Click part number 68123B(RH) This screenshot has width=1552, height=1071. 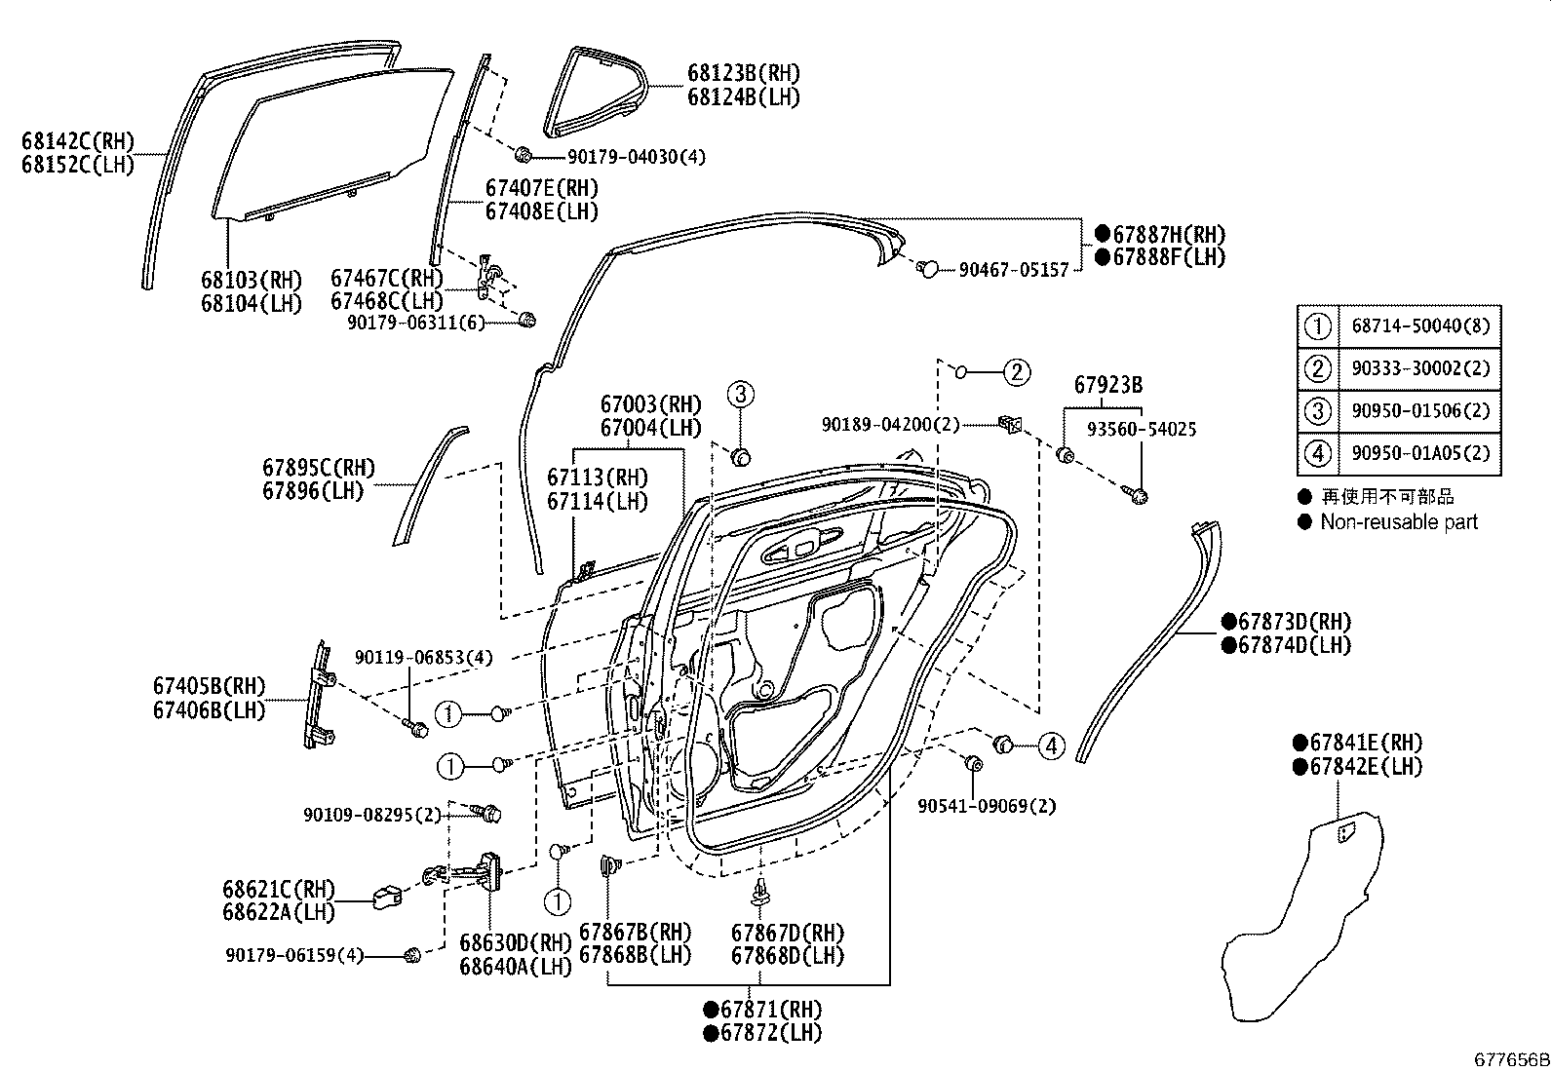(x=743, y=73)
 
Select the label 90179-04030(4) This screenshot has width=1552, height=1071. (x=637, y=157)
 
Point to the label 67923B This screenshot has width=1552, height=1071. (x=1108, y=386)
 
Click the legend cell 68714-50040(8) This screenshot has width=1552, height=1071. (x=1420, y=326)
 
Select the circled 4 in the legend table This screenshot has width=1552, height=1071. (x=1317, y=453)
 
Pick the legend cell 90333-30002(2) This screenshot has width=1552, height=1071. (x=1420, y=368)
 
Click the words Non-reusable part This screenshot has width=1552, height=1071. (x=1399, y=522)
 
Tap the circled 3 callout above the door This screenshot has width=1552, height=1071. (x=740, y=395)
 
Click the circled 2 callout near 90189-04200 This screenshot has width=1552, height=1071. (x=1016, y=371)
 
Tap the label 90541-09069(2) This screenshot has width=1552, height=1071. (x=987, y=806)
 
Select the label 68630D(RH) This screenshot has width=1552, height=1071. (x=515, y=942)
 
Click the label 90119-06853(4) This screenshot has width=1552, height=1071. (x=423, y=658)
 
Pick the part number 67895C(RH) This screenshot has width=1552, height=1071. (x=318, y=469)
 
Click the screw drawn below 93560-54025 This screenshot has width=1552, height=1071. (x=1138, y=497)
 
